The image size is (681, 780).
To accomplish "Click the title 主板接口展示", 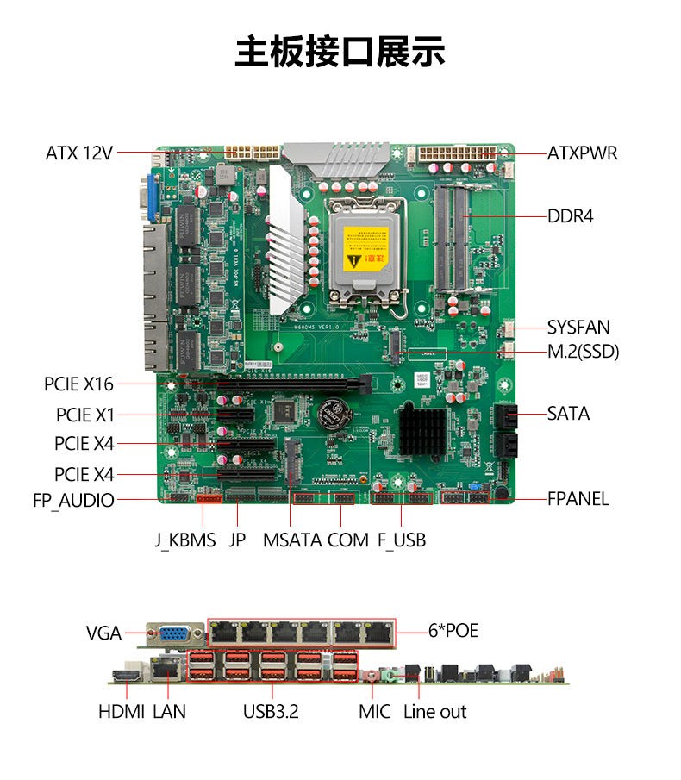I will pos(340,52).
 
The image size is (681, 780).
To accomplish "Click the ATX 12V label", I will pos(79,153).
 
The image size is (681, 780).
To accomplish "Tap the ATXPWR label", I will pos(583,153).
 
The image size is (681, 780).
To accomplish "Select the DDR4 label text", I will pos(571,215).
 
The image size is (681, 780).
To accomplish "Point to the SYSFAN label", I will pos(578,328).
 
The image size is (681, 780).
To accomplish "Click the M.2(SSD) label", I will pos(583,352).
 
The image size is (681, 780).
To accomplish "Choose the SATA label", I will pos(569,414).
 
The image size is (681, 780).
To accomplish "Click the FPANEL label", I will pos(578,499).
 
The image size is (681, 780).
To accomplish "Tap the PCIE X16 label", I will pos(78,384).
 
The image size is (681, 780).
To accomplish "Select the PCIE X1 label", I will pos(85,415).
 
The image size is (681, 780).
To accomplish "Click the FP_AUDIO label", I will pos(73,500).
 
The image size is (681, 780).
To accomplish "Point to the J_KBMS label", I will pos(185,540).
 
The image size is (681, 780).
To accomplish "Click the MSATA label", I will pos(291,540).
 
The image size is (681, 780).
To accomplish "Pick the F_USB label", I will pos(402,540).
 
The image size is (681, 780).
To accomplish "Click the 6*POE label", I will pos(453,631).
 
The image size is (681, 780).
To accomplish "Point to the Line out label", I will pos(435,712).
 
